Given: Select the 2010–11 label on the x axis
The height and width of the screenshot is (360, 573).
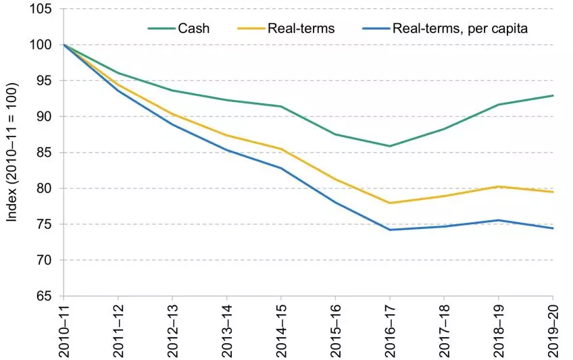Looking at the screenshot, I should (x=64, y=329).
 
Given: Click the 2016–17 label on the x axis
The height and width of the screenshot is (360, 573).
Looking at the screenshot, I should (x=391, y=329).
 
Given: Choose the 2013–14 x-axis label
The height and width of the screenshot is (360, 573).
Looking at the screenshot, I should (x=227, y=329).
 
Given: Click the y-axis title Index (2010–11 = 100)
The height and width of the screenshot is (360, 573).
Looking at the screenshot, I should (x=12, y=152).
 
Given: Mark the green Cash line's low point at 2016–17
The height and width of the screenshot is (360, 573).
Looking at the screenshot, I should (x=391, y=146).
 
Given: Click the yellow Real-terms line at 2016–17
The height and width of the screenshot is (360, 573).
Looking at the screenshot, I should (x=391, y=203).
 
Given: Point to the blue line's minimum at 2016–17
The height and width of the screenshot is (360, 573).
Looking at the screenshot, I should (x=391, y=230).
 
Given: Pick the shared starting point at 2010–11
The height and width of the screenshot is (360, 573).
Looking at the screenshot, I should (x=64, y=45).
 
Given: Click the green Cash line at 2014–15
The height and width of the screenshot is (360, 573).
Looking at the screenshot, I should (x=281, y=106).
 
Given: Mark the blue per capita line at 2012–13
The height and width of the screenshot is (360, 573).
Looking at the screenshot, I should (x=172, y=124).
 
